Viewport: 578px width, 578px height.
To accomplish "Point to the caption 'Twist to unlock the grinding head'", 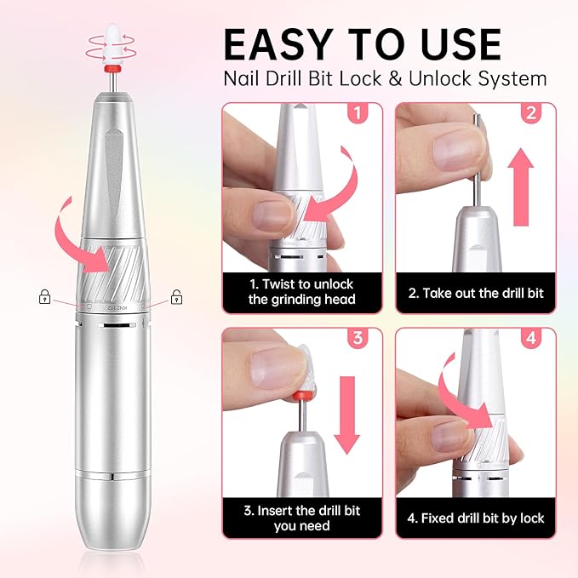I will point(301,292).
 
